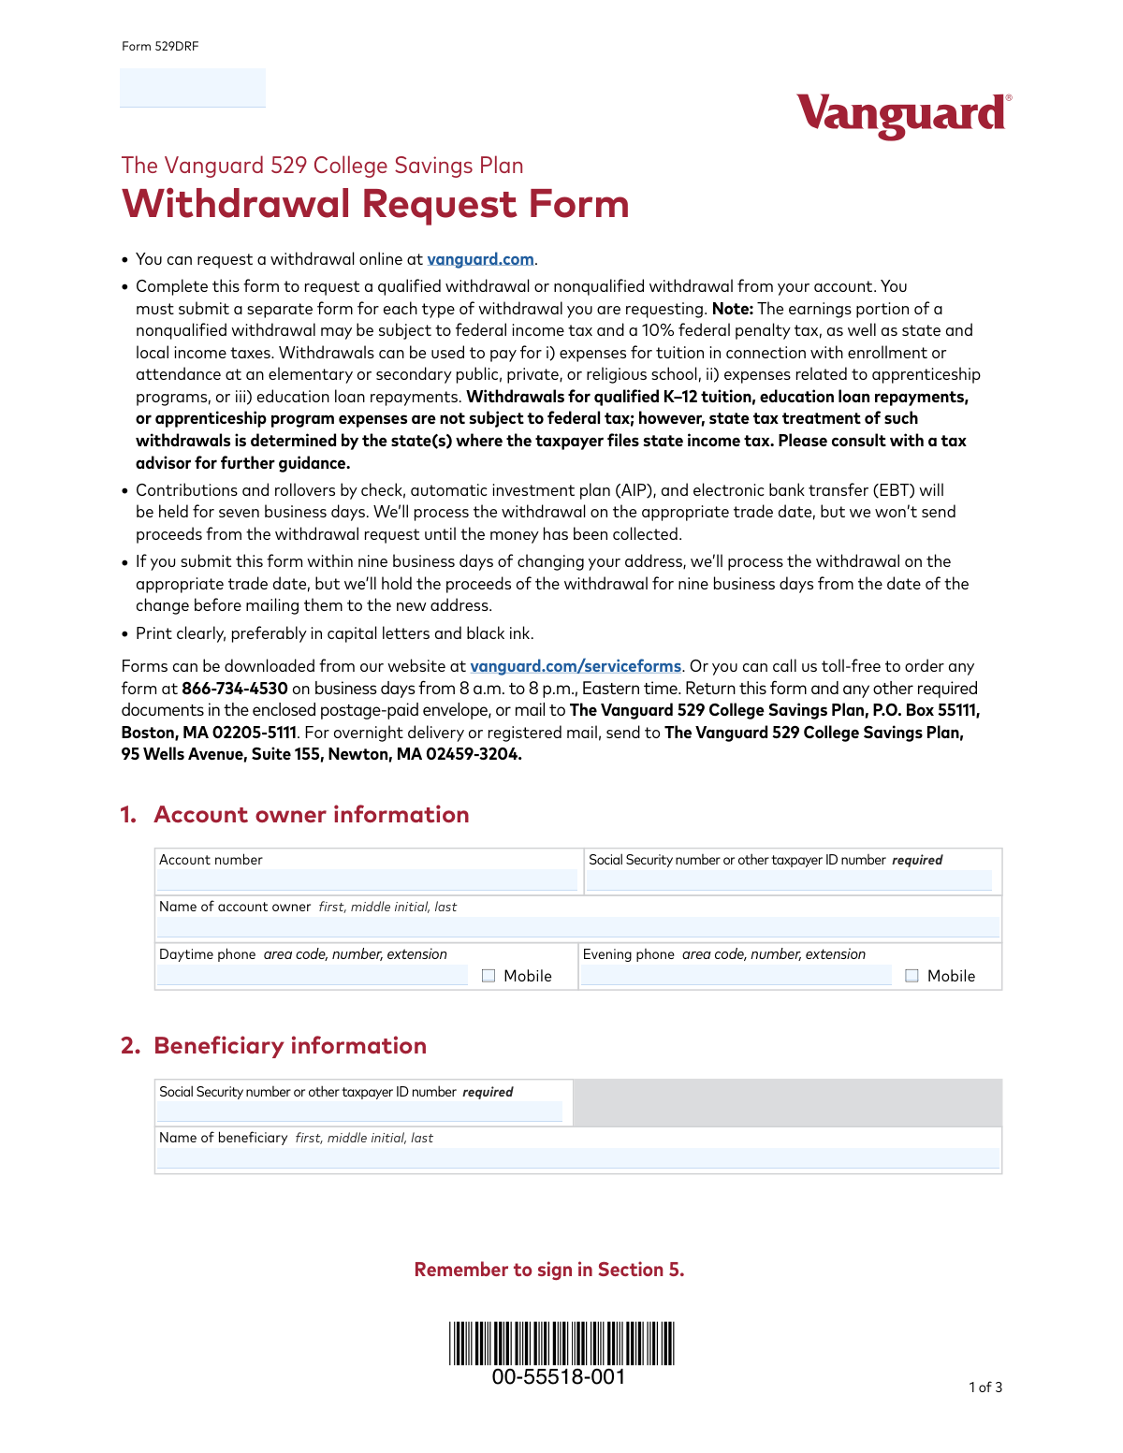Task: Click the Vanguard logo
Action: click(903, 114)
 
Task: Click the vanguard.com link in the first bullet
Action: click(480, 259)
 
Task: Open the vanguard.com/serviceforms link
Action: click(576, 666)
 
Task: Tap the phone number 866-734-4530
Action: click(235, 689)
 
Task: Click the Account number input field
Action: click(367, 879)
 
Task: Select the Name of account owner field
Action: click(577, 927)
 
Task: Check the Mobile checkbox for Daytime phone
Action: click(489, 976)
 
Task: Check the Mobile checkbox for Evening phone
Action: click(912, 976)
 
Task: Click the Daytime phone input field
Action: click(312, 976)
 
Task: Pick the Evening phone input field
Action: click(736, 976)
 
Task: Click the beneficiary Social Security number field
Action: click(359, 1112)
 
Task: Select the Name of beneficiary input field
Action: click(577, 1158)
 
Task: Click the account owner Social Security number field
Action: click(788, 879)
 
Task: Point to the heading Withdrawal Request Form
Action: click(375, 204)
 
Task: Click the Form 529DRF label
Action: click(160, 47)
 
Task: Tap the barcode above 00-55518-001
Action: click(561, 1343)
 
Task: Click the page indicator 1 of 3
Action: click(984, 1388)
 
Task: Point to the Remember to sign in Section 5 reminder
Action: click(549, 1270)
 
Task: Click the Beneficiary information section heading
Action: click(290, 1046)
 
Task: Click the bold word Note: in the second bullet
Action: click(733, 309)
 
